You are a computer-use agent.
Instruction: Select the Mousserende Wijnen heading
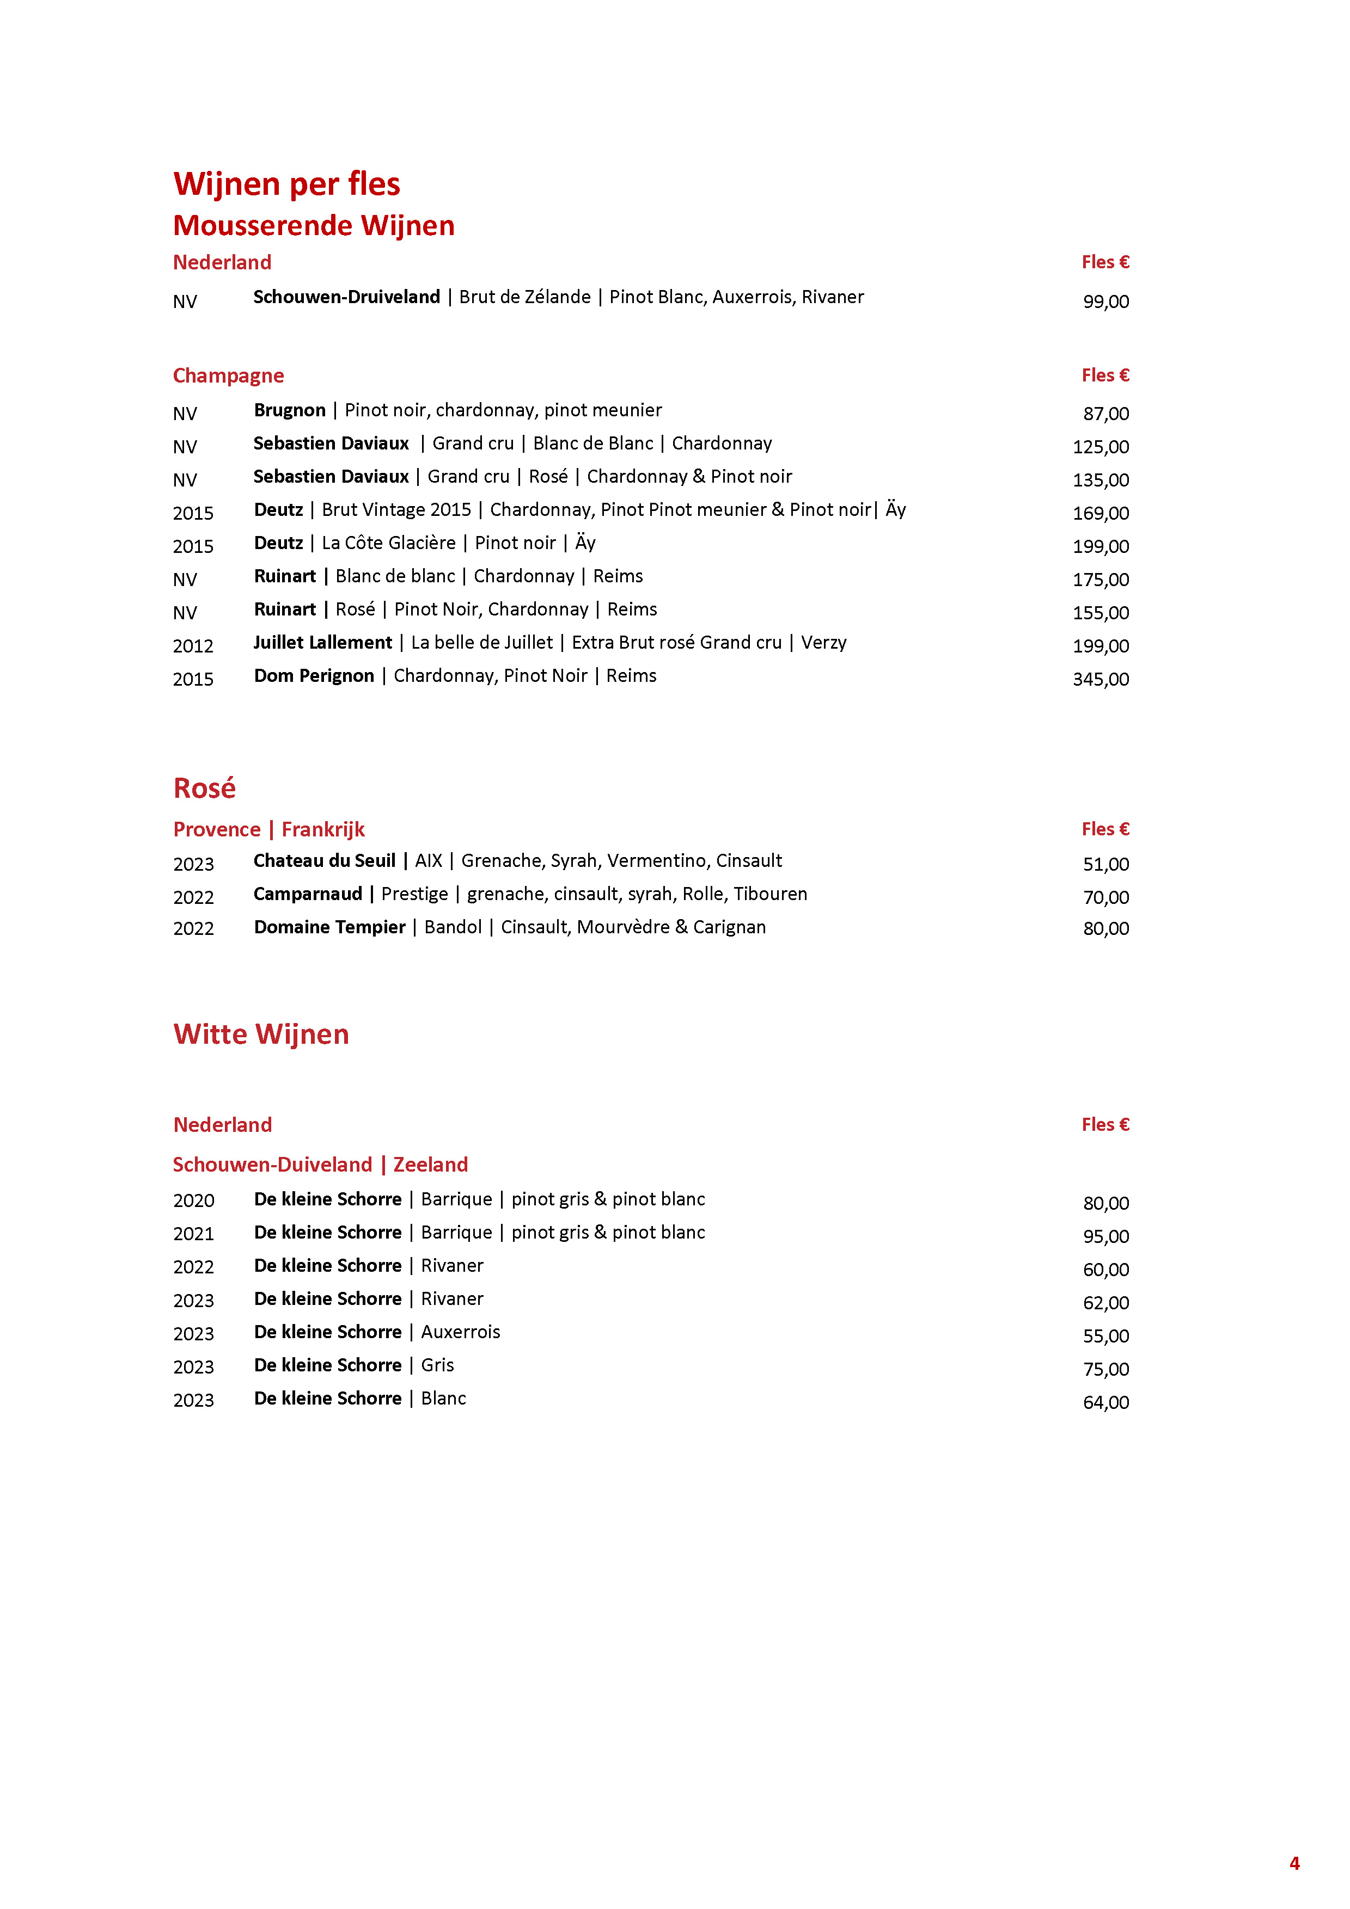pos(314,225)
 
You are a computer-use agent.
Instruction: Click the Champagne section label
pos(228,376)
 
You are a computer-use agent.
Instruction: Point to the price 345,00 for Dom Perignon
pos(1101,679)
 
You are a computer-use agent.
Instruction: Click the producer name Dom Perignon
pos(314,676)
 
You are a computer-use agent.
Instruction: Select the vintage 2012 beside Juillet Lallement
pos(193,646)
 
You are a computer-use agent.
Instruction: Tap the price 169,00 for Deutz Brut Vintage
pos(1101,513)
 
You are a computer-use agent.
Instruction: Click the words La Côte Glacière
pos(388,543)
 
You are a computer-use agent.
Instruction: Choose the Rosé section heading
pos(205,787)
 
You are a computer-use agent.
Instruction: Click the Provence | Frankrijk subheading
pos(268,829)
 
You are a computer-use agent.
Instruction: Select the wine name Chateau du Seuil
pos(325,860)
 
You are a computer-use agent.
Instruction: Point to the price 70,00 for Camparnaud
pos(1105,897)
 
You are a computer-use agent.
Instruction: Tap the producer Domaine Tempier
pos(329,927)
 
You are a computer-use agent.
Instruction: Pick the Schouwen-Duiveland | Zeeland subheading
pos(320,1164)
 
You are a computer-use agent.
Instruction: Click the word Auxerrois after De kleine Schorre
pos(460,1332)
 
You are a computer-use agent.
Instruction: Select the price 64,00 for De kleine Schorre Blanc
pos(1105,1403)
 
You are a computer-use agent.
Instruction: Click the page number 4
pos(1294,1863)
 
